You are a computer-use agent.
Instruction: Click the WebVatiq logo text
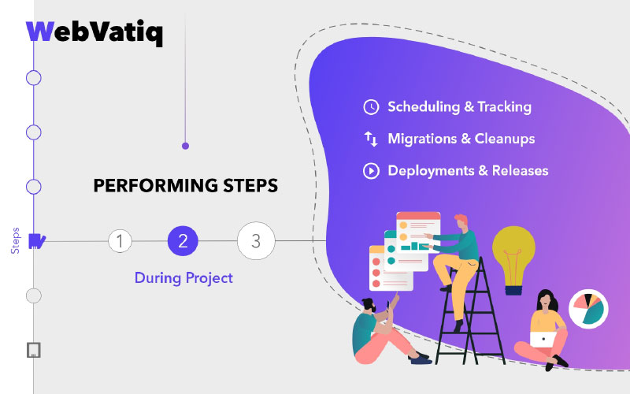pos(94,32)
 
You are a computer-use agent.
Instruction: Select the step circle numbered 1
pos(120,241)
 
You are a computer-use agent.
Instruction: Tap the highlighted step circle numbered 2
pos(183,241)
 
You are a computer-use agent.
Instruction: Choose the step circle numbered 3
pos(256,241)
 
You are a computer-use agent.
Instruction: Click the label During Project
pos(183,278)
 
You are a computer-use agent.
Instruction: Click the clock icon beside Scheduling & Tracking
pos(371,107)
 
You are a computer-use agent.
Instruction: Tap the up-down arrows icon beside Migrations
pos(371,139)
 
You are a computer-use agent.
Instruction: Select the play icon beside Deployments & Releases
pos(371,171)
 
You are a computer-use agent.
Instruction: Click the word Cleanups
pos(505,139)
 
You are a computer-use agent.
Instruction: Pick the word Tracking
pos(504,107)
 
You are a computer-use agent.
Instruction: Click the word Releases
pos(521,171)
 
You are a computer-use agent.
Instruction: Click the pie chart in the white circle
pos(588,308)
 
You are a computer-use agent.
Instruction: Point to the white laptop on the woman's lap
pos(543,340)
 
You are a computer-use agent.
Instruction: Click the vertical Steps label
pos(15,241)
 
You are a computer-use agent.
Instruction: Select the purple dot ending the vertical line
pos(185,146)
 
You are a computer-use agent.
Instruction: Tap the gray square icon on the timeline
pos(34,350)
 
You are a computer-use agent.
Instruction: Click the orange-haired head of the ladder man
pos(461,222)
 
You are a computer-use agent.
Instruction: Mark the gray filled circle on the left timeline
pos(34,296)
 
